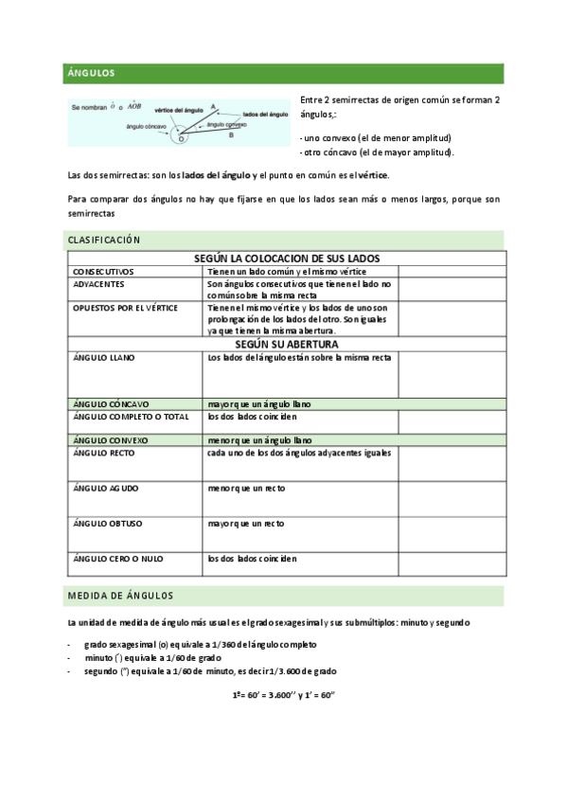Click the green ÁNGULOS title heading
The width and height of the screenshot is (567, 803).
point(91,72)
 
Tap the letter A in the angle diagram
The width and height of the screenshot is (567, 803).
point(213,106)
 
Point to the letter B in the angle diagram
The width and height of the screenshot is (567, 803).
point(232,135)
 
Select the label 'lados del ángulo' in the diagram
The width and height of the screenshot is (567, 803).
point(265,115)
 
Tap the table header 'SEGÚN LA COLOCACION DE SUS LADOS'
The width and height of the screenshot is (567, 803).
point(283,259)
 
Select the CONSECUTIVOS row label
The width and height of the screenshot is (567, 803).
point(104,271)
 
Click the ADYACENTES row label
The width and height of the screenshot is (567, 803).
point(98,283)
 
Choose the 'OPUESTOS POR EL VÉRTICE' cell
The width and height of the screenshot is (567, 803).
point(125,308)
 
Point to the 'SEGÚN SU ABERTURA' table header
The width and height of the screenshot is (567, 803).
point(283,345)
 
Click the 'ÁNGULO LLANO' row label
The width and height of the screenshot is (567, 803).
point(103,358)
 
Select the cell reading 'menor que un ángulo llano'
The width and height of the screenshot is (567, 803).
point(260,440)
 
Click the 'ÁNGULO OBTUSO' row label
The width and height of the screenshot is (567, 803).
point(106,523)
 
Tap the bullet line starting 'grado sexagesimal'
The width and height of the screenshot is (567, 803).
point(200,644)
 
